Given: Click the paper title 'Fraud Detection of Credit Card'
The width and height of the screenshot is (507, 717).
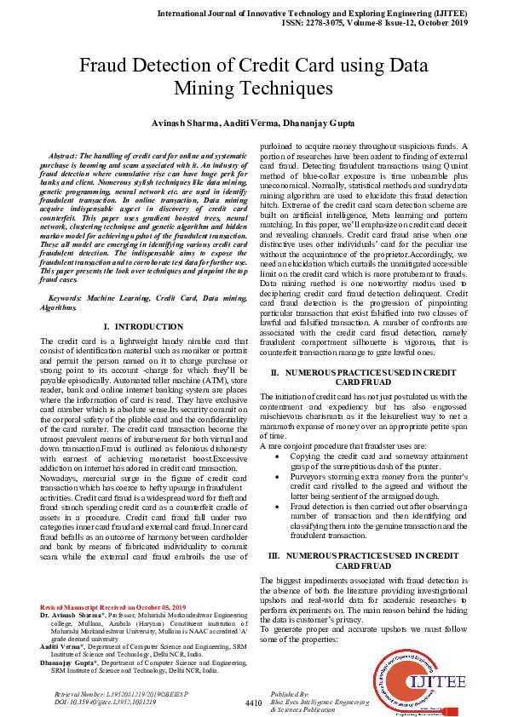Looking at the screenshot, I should point(253,76).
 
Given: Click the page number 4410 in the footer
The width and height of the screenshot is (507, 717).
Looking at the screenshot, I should point(253,703).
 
